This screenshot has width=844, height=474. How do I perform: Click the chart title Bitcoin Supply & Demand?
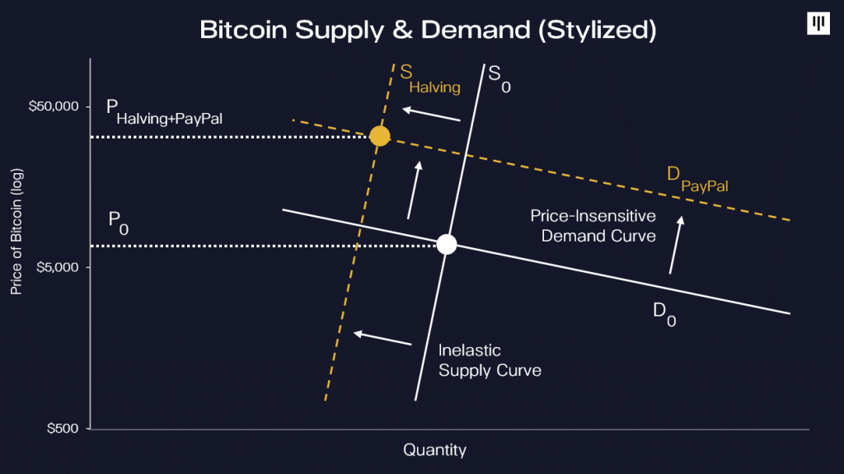coord(428,31)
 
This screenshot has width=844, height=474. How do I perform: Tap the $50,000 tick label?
coord(54,106)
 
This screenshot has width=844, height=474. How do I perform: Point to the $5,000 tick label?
coord(58,267)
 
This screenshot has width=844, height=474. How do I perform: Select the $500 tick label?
coord(63,428)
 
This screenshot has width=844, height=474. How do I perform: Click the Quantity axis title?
coord(435,450)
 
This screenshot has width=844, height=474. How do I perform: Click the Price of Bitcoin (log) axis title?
coord(16,232)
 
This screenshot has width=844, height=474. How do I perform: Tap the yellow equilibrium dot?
coord(379,136)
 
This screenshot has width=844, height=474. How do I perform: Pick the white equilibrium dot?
coord(447,245)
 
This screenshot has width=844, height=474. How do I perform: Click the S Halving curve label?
coord(430,79)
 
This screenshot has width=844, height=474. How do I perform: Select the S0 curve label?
coord(499,78)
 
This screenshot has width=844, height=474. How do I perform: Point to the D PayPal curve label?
coord(697,179)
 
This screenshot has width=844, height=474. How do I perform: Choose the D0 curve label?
coord(664,315)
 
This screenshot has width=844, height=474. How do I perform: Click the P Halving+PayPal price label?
coord(164,113)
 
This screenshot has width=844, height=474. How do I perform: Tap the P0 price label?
coord(119,223)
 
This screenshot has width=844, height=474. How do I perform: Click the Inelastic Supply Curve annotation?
coord(490,360)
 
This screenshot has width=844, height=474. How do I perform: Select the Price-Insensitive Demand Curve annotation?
coord(593,226)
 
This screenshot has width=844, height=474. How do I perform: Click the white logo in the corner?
coord(818,23)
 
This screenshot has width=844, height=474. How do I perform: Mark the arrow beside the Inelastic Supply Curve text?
coord(382,338)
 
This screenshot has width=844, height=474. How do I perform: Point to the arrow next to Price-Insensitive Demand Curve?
coord(676,245)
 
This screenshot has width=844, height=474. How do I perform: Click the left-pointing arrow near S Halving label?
coord(431,114)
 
